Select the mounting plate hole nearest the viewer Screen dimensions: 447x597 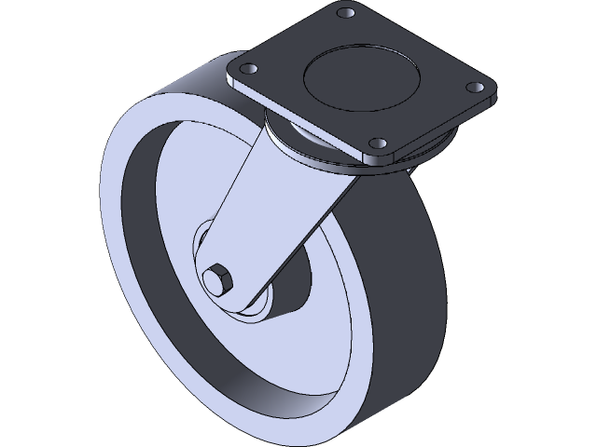tap(377, 144)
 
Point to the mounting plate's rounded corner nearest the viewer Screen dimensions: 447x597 tap(384, 158)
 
